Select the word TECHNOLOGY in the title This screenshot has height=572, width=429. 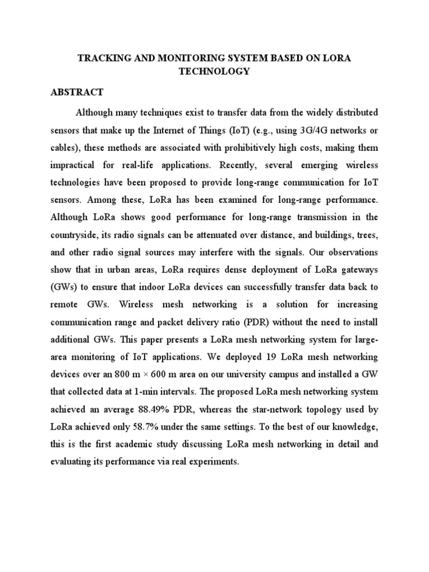(214, 72)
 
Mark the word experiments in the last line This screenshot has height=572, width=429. (211, 461)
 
